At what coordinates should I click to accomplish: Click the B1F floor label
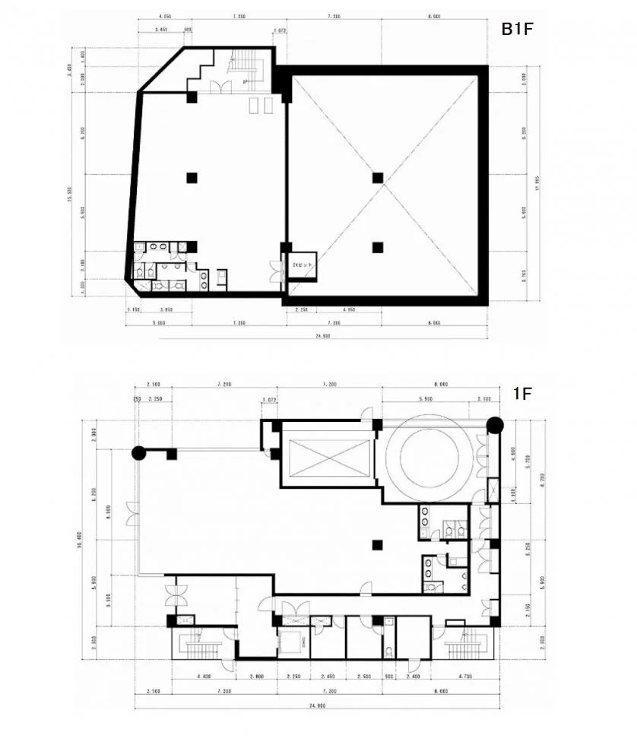(519, 29)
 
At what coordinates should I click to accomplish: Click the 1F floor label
(521, 394)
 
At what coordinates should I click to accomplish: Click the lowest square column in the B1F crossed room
(378, 246)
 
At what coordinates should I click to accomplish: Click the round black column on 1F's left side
(138, 453)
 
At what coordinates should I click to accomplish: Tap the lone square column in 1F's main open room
(376, 544)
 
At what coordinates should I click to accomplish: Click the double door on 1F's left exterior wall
(132, 515)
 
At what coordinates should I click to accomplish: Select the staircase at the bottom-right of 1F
(466, 646)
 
